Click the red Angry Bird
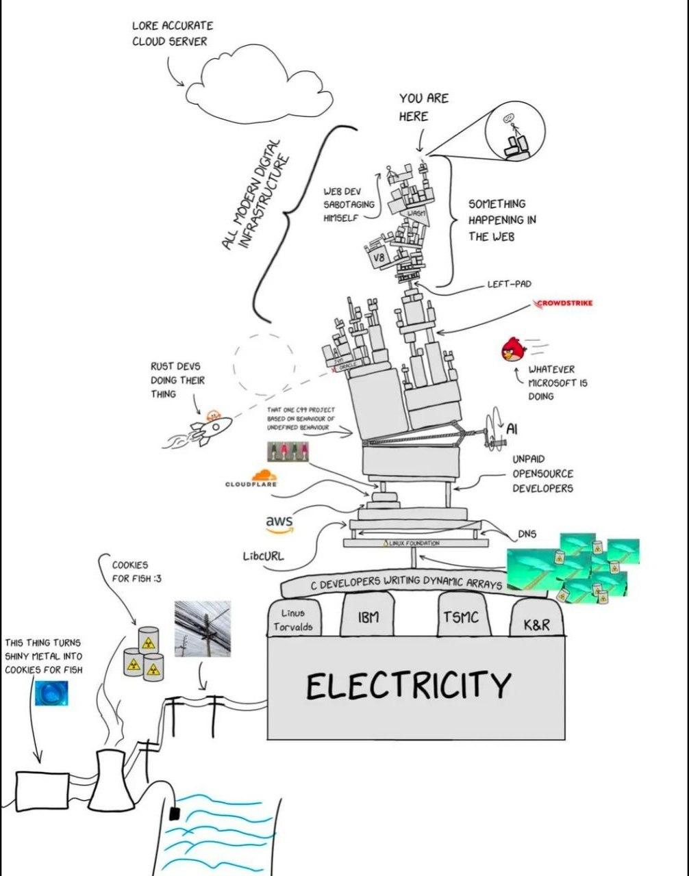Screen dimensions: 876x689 [x=513, y=350]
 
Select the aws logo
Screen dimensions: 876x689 [x=279, y=523]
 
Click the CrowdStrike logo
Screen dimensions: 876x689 [x=565, y=303]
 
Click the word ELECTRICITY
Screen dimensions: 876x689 [x=408, y=685]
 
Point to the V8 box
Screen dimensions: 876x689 [x=379, y=257]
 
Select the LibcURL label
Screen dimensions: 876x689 [x=263, y=556]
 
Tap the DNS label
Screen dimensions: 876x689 [x=527, y=534]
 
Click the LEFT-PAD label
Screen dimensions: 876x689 [x=509, y=283]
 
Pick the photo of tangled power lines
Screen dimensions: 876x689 [x=202, y=628]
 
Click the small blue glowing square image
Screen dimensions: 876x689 [x=52, y=693]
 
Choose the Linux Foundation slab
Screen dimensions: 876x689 [x=416, y=543]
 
